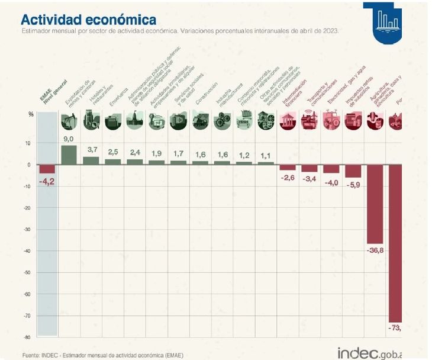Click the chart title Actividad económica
pyautogui.click(x=89, y=21)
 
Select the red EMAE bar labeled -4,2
pyautogui.click(x=47, y=169)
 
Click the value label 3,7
pyautogui.click(x=92, y=150)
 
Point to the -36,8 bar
pyautogui.click(x=375, y=204)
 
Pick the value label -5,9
pyautogui.click(x=353, y=185)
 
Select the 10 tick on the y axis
pyautogui.click(x=28, y=143)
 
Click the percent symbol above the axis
pyautogui.click(x=30, y=114)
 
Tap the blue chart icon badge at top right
pyautogui.click(x=388, y=21)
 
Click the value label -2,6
pyautogui.click(x=288, y=178)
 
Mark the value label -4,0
pyautogui.click(x=331, y=182)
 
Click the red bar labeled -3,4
pyautogui.click(x=310, y=168)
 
